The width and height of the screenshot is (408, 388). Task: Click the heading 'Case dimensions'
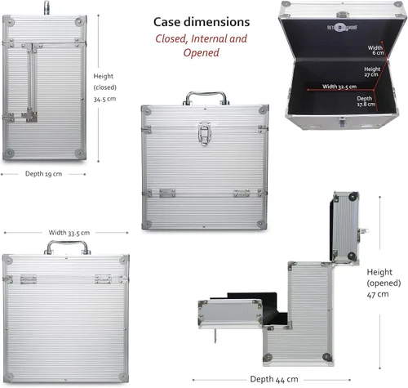202,22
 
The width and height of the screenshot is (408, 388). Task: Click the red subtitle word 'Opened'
201,52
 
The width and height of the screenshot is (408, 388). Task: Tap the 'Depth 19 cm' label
43,174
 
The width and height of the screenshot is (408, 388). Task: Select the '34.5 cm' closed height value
104,99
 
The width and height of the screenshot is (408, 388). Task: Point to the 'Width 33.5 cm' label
69,233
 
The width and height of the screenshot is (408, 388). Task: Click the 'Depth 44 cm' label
274,379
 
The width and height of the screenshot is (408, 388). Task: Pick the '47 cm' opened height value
378,294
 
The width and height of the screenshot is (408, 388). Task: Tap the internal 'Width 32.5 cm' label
339,87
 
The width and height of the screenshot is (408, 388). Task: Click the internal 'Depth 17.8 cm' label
366,101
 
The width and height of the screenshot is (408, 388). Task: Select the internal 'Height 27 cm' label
372,72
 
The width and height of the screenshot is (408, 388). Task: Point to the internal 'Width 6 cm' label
375,50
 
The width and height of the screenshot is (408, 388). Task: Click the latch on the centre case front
205,133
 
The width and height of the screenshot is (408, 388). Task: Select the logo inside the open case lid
342,27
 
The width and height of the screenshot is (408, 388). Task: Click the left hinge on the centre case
167,193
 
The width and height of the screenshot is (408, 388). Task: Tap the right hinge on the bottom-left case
103,279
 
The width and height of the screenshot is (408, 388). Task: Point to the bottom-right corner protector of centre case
261,225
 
